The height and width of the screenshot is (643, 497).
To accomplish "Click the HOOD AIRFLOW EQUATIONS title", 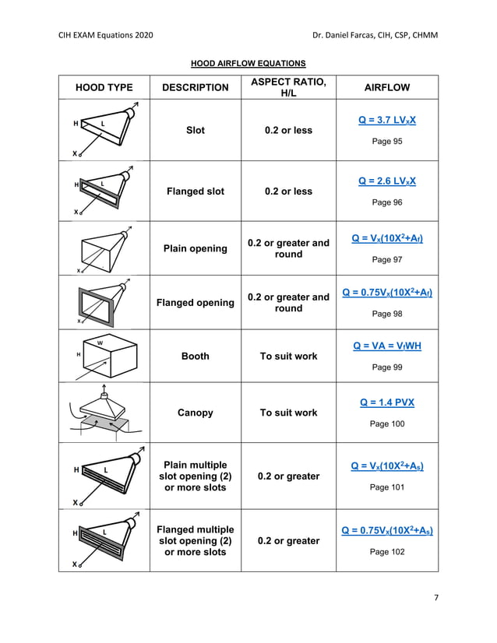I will click(x=248, y=63).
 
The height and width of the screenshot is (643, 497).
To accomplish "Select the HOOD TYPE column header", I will click(x=104, y=88).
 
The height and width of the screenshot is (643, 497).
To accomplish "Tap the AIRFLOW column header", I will click(x=387, y=88).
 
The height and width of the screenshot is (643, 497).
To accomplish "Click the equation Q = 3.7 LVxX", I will click(x=387, y=121).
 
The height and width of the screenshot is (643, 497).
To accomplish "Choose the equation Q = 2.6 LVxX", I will click(x=387, y=181).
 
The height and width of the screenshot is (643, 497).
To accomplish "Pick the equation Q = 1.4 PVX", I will click(x=387, y=402).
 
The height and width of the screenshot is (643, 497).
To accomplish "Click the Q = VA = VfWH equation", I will click(x=387, y=346).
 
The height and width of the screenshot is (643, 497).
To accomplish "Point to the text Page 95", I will click(x=387, y=142).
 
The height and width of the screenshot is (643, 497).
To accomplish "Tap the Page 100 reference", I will click(x=387, y=423).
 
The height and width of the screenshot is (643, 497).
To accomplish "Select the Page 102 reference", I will click(x=387, y=552).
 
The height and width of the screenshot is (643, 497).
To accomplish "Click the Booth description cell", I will click(x=195, y=356).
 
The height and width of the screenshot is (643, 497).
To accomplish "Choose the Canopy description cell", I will click(x=195, y=413).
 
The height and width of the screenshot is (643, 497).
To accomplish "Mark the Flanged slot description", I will click(x=195, y=191).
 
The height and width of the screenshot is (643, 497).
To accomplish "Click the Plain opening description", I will click(x=195, y=248).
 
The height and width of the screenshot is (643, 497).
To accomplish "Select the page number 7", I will click(x=436, y=598).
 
